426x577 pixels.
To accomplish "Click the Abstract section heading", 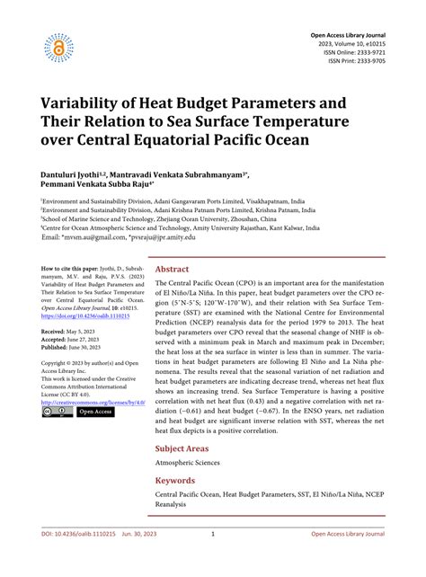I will point(171,269).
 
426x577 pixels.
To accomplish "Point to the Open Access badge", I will point(96,412).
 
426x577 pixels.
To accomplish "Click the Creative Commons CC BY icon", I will point(57,412).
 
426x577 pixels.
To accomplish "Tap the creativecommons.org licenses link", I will point(93,402).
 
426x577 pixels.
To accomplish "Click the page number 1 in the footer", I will point(212,558).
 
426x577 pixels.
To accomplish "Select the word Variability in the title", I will point(84,100).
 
